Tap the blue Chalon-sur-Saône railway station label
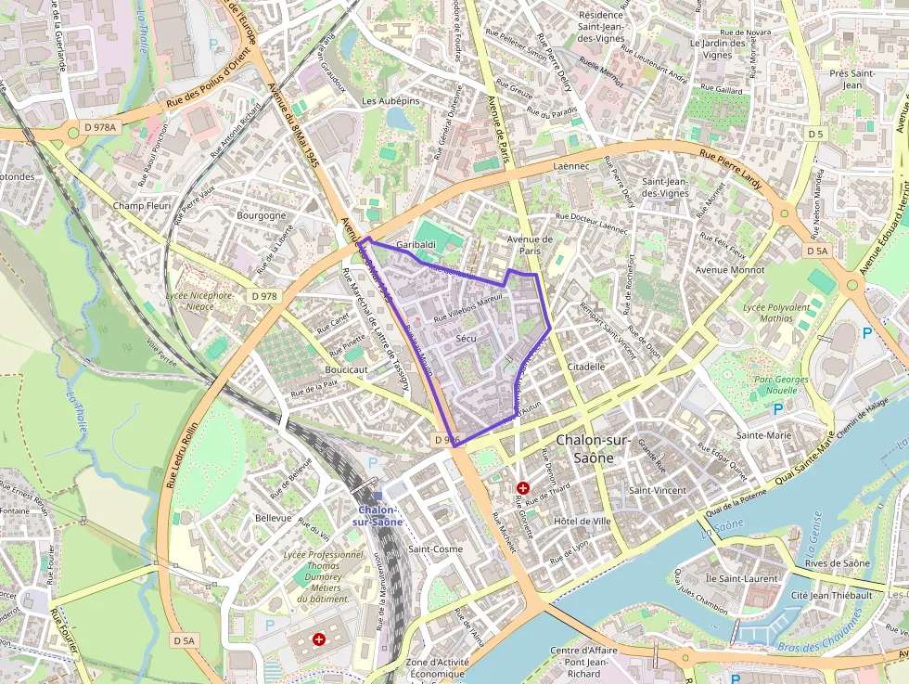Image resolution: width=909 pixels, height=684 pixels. coord(378,515)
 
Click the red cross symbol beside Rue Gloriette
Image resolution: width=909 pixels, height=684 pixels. coord(523,487)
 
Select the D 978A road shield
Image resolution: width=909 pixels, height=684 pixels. coord(99,126)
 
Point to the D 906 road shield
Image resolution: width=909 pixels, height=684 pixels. coord(446,439)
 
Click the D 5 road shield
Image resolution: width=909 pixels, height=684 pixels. coord(815,135)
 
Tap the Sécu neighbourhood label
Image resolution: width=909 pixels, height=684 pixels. coord(466,339)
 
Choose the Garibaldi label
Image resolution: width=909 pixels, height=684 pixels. coord(416,244)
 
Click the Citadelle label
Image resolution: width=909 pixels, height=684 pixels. coord(585,367)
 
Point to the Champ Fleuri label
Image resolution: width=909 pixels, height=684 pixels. coord(142,205)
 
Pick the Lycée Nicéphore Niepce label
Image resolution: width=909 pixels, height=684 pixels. coord(198,301)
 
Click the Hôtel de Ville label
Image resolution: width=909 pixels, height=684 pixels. coord(582,522)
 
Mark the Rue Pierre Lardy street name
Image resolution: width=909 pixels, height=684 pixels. coord(731,170)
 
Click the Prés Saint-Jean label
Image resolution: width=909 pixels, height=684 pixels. coord(852,79)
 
